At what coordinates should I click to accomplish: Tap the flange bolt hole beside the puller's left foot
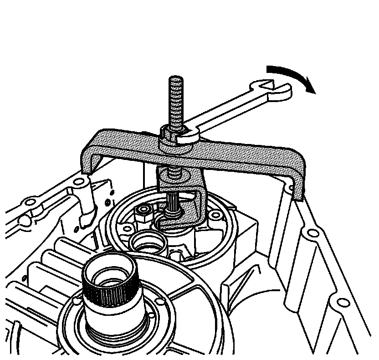click(x=80, y=183)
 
